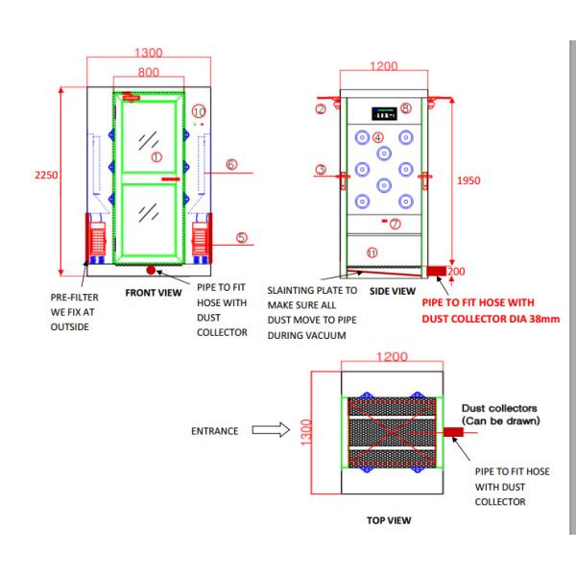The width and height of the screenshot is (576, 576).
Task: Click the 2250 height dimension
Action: click(46, 175)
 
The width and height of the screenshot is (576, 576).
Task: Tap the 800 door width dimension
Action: click(149, 72)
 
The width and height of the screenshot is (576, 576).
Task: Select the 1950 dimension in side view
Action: click(468, 180)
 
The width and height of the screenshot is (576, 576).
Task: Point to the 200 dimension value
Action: click(456, 272)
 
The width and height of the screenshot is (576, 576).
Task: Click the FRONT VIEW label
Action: click(154, 293)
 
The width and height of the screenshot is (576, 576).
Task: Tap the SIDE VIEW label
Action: click(393, 291)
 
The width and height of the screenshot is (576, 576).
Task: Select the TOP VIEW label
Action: click(389, 520)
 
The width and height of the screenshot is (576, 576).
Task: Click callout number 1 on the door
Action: click(156, 157)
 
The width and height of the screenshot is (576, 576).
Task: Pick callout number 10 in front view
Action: click(199, 111)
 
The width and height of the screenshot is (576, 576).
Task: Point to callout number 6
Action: click(231, 164)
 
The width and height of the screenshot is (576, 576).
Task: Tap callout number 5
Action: click(241, 238)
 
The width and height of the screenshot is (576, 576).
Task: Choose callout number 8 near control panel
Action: click(405, 108)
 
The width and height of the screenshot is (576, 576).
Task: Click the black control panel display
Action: click(384, 114)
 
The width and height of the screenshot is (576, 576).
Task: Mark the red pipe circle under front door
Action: click(151, 270)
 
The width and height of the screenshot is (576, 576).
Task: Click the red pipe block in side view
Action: click(437, 271)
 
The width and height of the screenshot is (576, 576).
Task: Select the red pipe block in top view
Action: click(453, 432)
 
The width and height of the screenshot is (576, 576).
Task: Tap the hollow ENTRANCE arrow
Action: click(271, 429)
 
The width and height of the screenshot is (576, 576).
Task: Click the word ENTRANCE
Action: click(214, 431)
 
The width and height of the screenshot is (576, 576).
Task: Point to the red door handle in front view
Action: click(171, 179)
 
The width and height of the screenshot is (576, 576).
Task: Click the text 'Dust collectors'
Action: click(499, 408)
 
